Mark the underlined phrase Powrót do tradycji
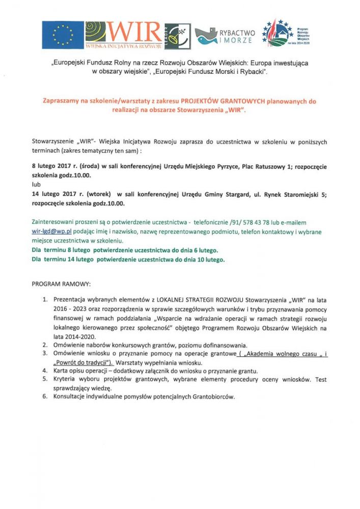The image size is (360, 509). [80, 362]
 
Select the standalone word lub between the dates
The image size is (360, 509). [36, 185]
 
